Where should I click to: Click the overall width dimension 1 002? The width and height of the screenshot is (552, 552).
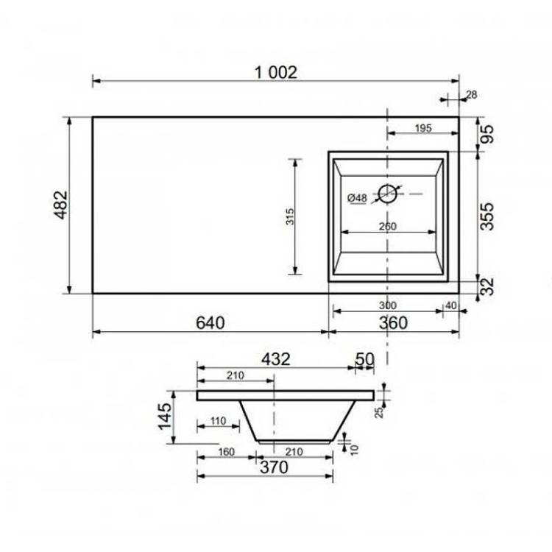[276, 73]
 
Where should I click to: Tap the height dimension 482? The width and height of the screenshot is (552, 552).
[60, 205]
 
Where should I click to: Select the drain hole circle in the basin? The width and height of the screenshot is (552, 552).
[387, 194]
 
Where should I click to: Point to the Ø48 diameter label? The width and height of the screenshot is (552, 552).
[357, 198]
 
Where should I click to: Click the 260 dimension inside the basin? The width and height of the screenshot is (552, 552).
[388, 227]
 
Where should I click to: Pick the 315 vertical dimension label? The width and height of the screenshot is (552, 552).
[290, 216]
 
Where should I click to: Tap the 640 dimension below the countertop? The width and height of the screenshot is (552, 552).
[210, 323]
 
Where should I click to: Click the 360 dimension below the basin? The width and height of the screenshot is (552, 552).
[393, 323]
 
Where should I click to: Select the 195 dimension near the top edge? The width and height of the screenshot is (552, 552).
[422, 129]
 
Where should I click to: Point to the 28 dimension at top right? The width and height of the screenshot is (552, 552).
[471, 95]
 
